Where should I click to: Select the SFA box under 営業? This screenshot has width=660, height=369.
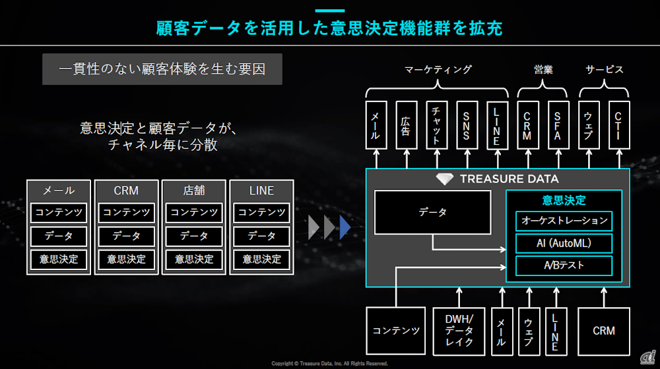coord(558,125)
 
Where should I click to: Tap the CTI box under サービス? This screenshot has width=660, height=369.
coord(618,125)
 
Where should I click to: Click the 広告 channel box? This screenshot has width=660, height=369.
coord(407,125)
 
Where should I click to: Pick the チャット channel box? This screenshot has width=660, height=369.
coord(437,125)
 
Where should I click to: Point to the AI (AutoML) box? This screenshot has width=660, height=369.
coord(564,243)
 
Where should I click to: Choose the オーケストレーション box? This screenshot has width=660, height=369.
coord(564,221)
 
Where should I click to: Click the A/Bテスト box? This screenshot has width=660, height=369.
coord(564,266)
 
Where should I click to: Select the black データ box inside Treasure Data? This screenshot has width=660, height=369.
coord(432,212)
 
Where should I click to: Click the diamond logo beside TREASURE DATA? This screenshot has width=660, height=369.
coord(445,179)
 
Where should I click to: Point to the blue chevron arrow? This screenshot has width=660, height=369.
coord(345,227)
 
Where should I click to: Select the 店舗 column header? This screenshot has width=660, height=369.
coord(194,190)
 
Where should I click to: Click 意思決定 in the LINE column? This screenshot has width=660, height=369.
coord(261,259)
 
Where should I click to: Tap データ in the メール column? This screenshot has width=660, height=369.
coord(59,236)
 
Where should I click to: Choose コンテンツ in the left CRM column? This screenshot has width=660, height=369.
coord(126,213)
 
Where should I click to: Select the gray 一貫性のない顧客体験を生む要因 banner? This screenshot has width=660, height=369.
coord(162,69)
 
